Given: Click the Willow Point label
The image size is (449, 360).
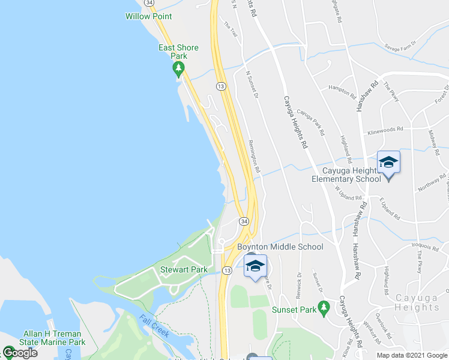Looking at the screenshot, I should point(148,16).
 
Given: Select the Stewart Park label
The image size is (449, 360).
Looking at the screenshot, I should point(183,270).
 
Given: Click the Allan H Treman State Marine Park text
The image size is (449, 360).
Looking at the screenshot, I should point(54,337).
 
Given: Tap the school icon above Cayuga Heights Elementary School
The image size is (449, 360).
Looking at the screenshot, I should point(388,163).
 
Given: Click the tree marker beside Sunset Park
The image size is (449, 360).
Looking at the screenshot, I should point(324,308).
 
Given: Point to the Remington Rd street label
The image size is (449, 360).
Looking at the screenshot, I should point(254,157).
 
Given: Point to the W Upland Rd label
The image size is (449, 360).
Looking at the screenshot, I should point(348,192).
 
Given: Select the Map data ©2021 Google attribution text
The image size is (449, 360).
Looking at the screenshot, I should point(412,355).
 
